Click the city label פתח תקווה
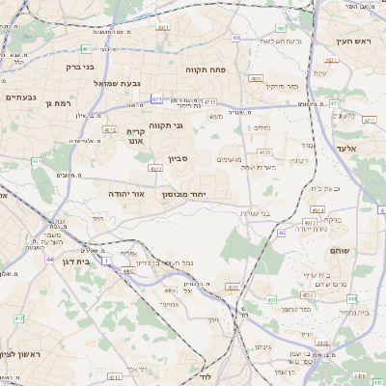pos(208,70)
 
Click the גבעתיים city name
pos(20,97)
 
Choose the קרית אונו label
pos(134,135)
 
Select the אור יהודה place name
pos(126,194)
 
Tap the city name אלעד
pos(347,149)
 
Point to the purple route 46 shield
pos(282,233)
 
